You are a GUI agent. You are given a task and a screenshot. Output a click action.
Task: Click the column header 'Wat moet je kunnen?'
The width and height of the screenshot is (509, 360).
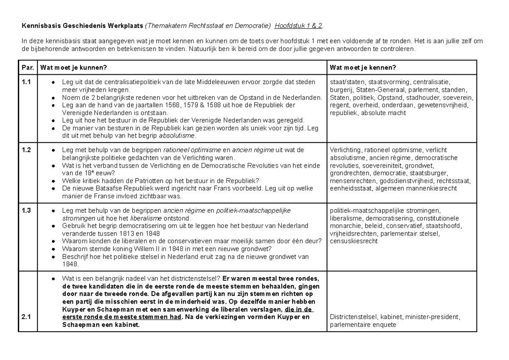pos(73,68)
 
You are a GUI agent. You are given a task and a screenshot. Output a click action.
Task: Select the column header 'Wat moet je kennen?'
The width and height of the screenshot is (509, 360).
pos(363,68)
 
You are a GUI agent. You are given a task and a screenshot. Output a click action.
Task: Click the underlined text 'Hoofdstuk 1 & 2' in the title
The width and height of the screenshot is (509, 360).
pos(298,26)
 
